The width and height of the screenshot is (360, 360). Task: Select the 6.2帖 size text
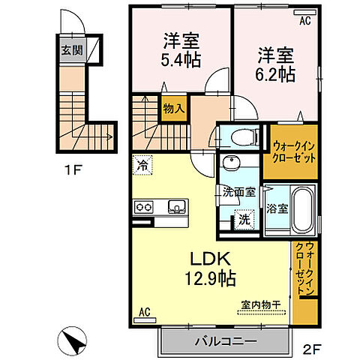point(277,74)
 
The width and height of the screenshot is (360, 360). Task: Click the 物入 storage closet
point(174,109)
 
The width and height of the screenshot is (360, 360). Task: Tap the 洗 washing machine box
point(243,220)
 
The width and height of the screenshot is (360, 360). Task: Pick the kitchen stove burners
point(144,206)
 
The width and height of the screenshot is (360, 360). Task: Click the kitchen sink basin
point(177,206)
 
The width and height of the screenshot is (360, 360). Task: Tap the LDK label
point(203,260)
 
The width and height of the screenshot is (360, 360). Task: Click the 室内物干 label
point(259,304)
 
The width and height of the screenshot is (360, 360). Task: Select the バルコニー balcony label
point(226,340)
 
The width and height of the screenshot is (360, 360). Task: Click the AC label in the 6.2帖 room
point(304,22)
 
